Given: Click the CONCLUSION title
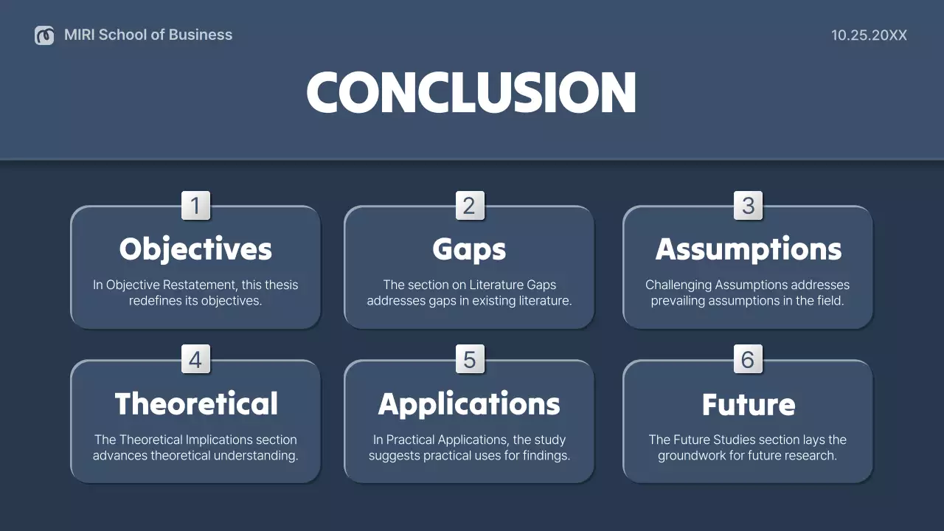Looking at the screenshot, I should (x=471, y=92).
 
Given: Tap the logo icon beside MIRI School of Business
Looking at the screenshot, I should (x=44, y=35).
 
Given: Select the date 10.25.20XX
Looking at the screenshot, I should (x=869, y=35).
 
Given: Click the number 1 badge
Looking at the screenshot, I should (x=195, y=206).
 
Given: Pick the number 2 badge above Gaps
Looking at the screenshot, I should (x=469, y=206).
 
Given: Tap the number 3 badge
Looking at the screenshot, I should (x=748, y=206).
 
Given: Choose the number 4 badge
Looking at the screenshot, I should (x=195, y=360).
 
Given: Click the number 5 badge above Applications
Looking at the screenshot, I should (x=469, y=360).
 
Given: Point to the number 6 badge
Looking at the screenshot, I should (x=748, y=360).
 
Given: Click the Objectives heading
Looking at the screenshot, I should (x=195, y=249).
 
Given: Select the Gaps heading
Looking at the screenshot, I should (x=469, y=249).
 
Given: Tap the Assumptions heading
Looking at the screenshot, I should (x=748, y=249).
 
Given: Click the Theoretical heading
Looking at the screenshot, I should (x=195, y=404).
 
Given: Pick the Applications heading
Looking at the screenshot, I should (x=469, y=404).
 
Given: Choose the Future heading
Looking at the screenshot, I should (x=748, y=404).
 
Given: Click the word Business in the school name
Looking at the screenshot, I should (x=201, y=35).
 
